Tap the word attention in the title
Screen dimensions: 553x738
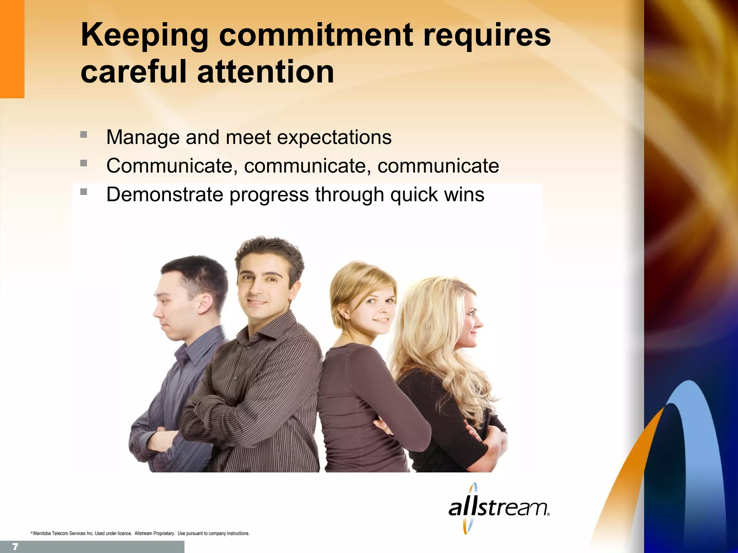tap(266, 72)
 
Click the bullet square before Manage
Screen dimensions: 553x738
tap(84, 135)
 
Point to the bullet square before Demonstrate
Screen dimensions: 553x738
tap(84, 192)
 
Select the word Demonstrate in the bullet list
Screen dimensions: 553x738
tap(165, 194)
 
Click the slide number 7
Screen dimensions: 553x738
tap(15, 547)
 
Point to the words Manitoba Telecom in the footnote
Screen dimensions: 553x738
tap(54, 533)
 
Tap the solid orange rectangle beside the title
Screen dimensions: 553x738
tap(12, 49)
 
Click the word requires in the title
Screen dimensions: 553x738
tap(487, 35)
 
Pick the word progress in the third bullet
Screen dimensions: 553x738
tap(269, 194)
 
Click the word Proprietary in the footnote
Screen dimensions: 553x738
tap(164, 533)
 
